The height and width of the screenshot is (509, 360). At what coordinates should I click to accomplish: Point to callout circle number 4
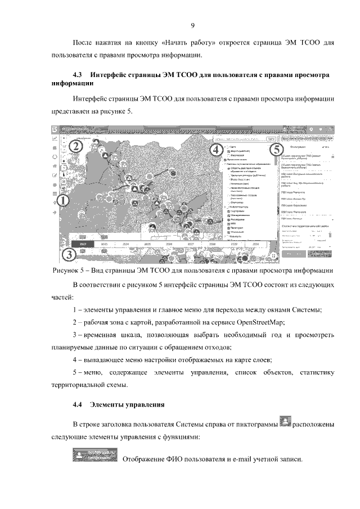pyautogui.click(x=215, y=150)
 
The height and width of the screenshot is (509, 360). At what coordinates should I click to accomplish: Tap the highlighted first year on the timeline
pyautogui.click(x=83, y=244)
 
